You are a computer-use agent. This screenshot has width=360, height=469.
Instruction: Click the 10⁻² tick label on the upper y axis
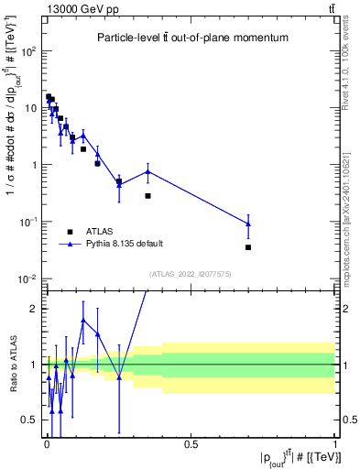click(x=27, y=278)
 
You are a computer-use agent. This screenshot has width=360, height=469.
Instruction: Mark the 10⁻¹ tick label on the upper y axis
click(x=27, y=222)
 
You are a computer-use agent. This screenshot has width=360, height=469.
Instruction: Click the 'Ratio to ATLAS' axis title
click(x=12, y=365)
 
